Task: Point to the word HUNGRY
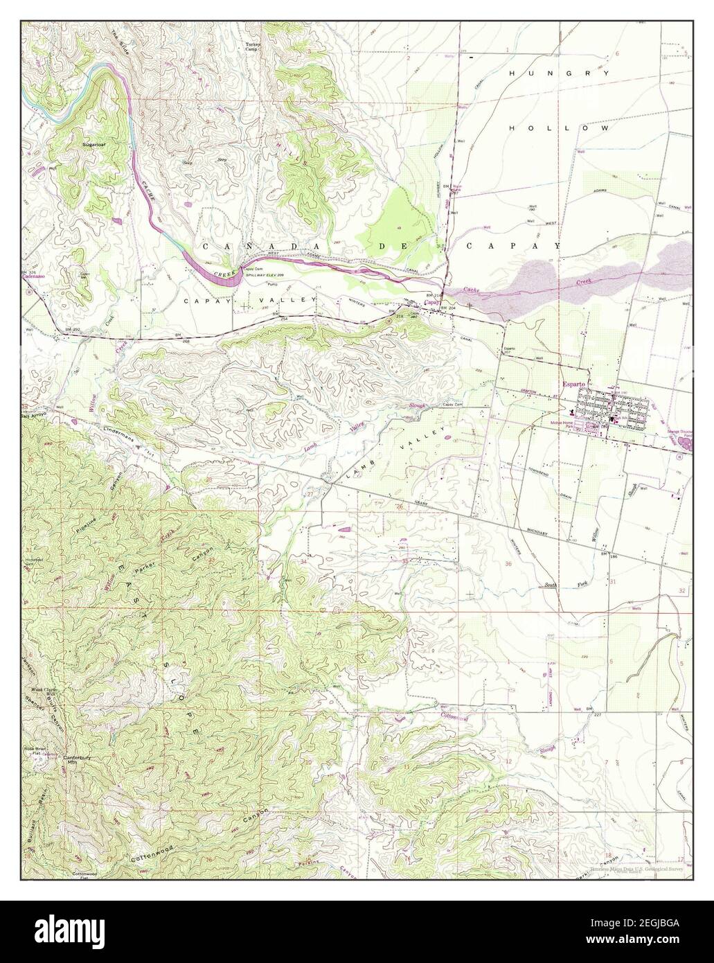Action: (559, 73)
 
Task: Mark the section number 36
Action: (509, 563)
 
